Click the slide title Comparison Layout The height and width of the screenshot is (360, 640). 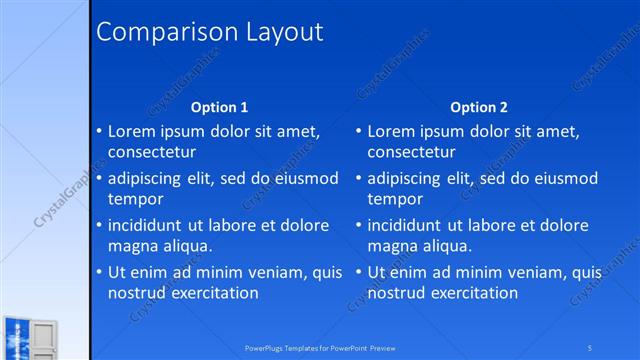pyautogui.click(x=209, y=32)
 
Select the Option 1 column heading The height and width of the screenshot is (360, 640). pyautogui.click(x=219, y=107)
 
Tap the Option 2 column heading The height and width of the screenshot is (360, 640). pyautogui.click(x=479, y=107)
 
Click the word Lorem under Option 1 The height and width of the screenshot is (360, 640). pyautogui.click(x=132, y=131)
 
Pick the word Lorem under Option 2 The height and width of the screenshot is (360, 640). pyautogui.click(x=392, y=131)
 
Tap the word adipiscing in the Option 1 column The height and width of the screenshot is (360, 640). pyautogui.click(x=151, y=178)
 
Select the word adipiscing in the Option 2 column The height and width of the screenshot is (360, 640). pyautogui.click(x=411, y=178)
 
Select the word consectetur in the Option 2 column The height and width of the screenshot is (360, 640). pyautogui.click(x=416, y=153)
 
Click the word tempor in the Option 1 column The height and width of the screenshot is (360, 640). pyautogui.click(x=135, y=200)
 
